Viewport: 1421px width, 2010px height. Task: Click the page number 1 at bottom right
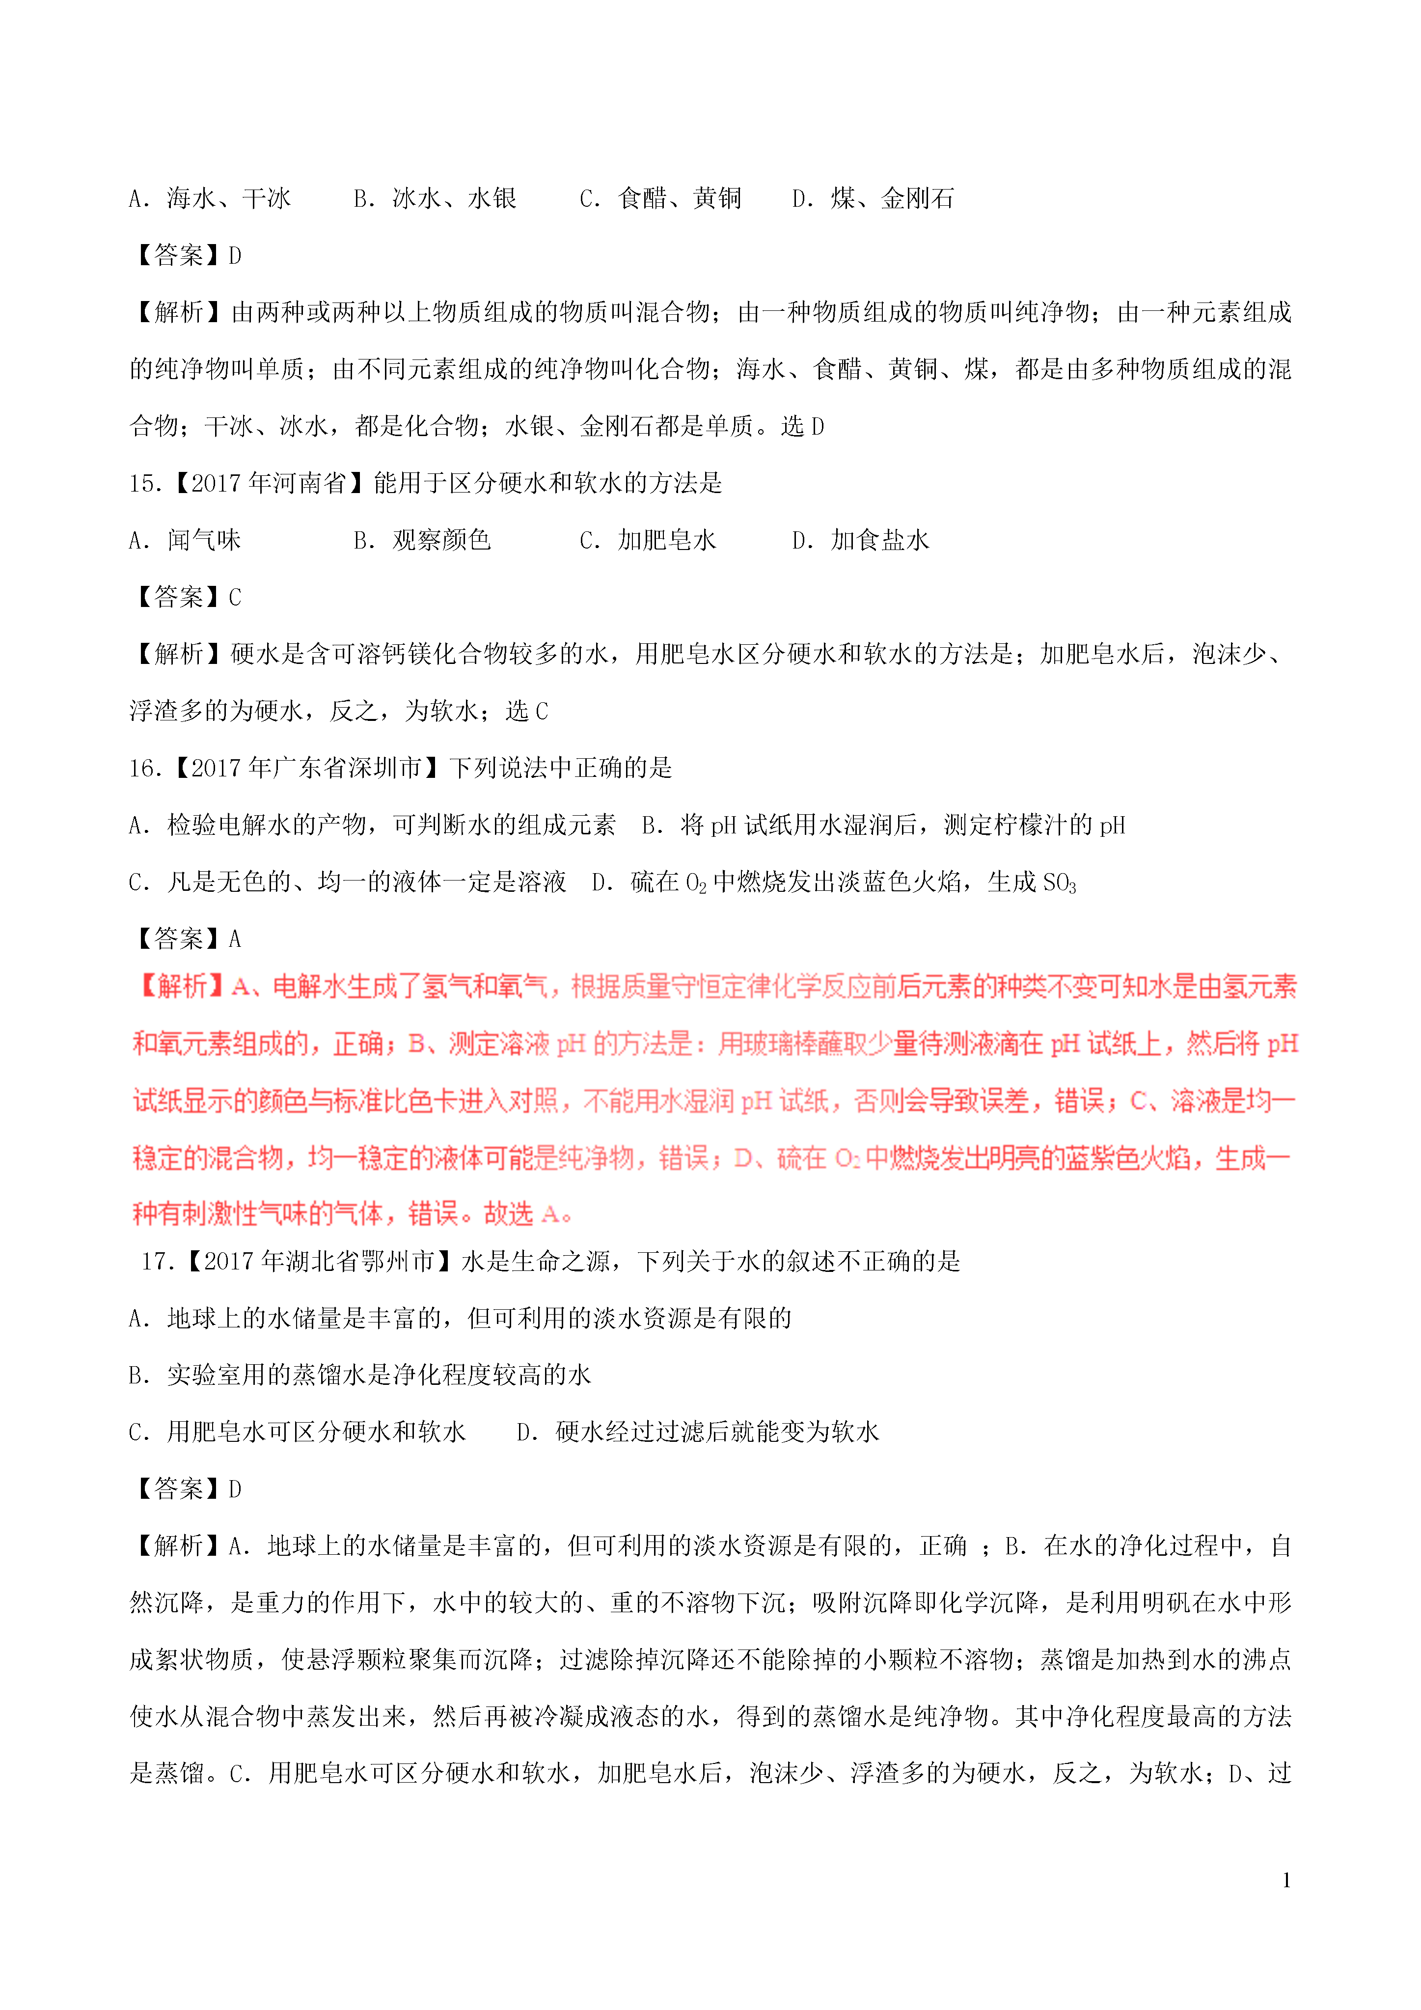tap(1286, 1879)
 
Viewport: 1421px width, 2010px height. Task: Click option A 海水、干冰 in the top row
tap(210, 199)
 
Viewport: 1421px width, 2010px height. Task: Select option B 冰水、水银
tap(435, 199)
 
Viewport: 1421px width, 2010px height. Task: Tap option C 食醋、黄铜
tap(661, 199)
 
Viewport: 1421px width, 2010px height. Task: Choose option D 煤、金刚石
tap(873, 199)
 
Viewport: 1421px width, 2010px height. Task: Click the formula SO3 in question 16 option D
tap(1060, 883)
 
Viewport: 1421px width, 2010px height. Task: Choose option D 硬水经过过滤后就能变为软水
tap(698, 1432)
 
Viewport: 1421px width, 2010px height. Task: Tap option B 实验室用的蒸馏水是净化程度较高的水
tap(360, 1376)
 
